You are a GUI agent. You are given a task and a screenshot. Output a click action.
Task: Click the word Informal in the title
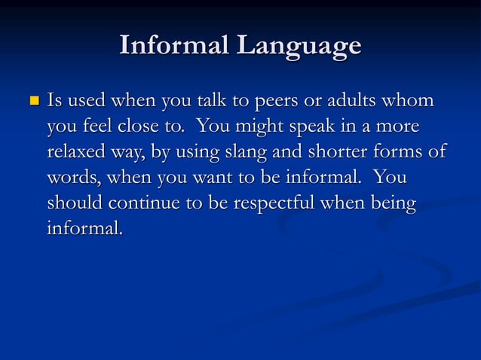point(175,46)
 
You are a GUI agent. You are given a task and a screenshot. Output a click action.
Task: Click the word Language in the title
point(299,47)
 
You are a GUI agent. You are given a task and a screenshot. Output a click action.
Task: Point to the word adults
point(357,100)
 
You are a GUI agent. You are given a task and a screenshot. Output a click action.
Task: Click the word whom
point(412,100)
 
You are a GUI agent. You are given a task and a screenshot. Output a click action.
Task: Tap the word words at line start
point(72,178)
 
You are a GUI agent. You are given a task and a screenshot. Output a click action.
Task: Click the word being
point(389,203)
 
